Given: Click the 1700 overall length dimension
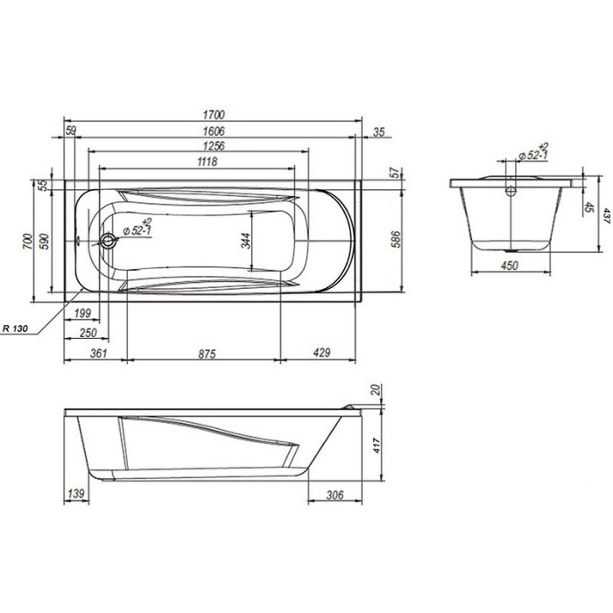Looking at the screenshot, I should (x=214, y=115).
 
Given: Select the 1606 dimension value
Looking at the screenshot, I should (x=211, y=131).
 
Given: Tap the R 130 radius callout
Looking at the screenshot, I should (x=15, y=328).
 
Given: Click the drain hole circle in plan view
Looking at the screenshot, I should (x=106, y=241).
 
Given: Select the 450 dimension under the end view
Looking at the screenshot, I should (x=509, y=264).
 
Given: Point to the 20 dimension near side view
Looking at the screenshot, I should (x=377, y=390).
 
